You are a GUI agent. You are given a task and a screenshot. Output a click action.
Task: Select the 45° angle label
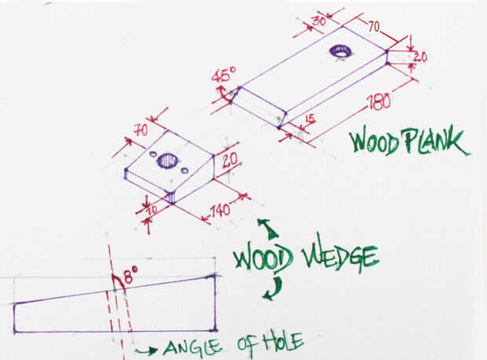click(x=223, y=77)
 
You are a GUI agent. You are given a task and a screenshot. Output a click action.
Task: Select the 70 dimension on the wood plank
click(x=373, y=26)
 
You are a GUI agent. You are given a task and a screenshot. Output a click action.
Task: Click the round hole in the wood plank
click(x=341, y=51)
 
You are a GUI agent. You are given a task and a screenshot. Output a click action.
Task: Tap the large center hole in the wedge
click(x=167, y=161)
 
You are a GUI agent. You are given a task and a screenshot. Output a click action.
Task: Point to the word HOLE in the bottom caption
click(x=276, y=343)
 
